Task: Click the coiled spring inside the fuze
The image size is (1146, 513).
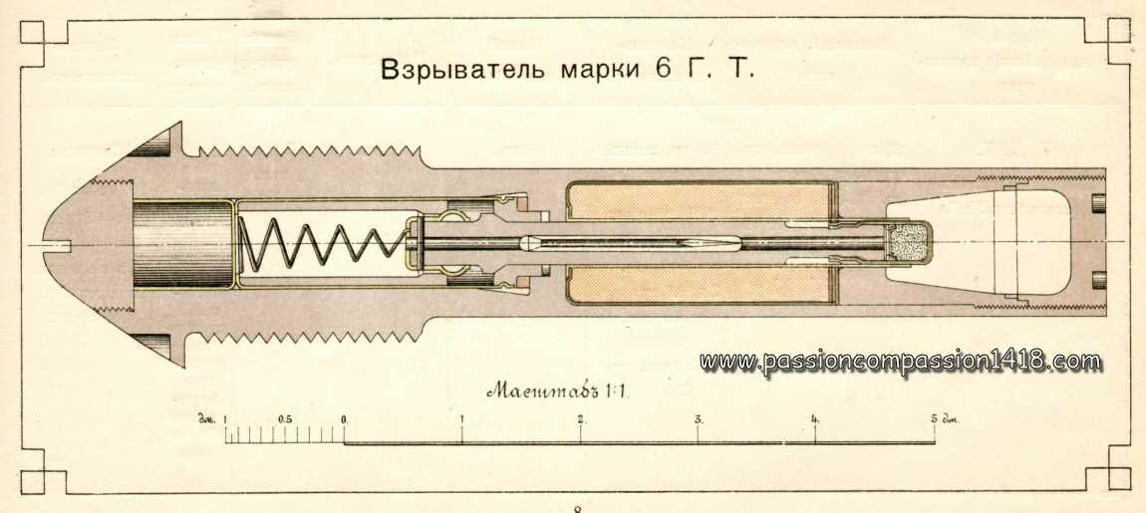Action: coord(323,244)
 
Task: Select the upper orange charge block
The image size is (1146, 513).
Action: coord(699,200)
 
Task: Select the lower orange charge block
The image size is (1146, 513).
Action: coord(699,284)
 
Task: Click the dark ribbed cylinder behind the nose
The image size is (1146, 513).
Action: coord(182,244)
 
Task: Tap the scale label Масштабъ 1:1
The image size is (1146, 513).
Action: coord(558,390)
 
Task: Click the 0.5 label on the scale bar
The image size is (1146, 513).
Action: coord(285,418)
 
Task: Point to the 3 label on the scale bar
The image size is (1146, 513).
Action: coord(699,419)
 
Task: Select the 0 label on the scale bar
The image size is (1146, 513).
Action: coord(344,419)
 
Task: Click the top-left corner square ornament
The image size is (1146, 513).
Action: coord(32,33)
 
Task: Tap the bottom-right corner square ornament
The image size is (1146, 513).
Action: coord(1118,479)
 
